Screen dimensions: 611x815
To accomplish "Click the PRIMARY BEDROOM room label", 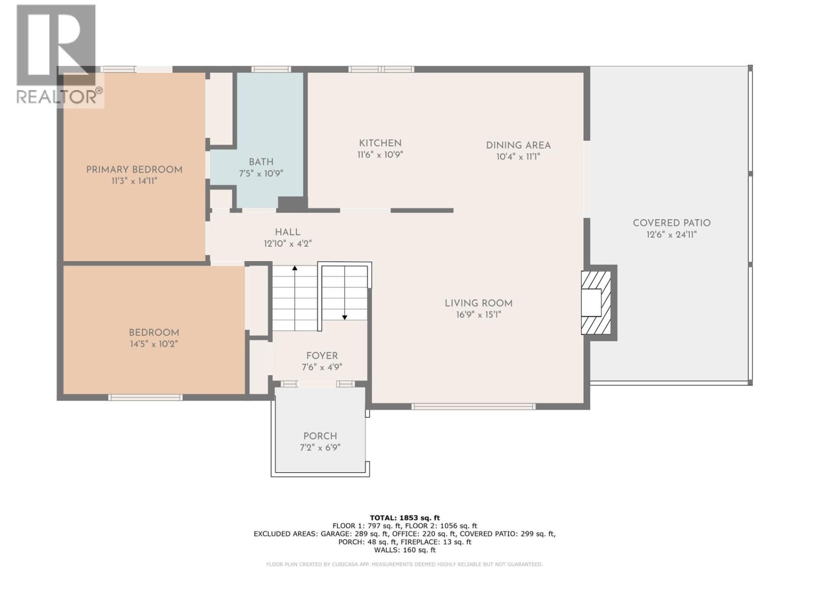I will point(134,170).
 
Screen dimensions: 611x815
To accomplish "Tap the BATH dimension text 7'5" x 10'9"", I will point(261,174).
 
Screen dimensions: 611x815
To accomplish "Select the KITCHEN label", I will point(380,143).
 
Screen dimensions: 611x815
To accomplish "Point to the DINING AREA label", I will point(518,145).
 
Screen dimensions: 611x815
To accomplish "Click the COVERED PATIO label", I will point(671,223).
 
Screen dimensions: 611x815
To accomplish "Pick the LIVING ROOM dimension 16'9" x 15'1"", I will point(478,315).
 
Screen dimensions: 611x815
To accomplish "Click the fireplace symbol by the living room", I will point(596,303).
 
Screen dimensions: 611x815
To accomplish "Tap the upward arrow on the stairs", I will point(294,268).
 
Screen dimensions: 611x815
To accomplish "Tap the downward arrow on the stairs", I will point(345,317).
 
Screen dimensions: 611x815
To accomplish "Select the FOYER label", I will point(321,356).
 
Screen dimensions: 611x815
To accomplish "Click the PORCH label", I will point(320,436).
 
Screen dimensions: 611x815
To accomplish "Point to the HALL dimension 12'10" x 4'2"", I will point(287,244).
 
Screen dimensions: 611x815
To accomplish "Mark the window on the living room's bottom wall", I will point(473,406).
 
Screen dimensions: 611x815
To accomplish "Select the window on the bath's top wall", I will point(270,69).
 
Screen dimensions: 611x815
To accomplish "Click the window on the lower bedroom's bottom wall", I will point(145,397).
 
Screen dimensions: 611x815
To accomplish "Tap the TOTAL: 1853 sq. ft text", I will point(404,518).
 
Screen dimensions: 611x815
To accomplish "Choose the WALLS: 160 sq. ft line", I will point(404,550).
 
